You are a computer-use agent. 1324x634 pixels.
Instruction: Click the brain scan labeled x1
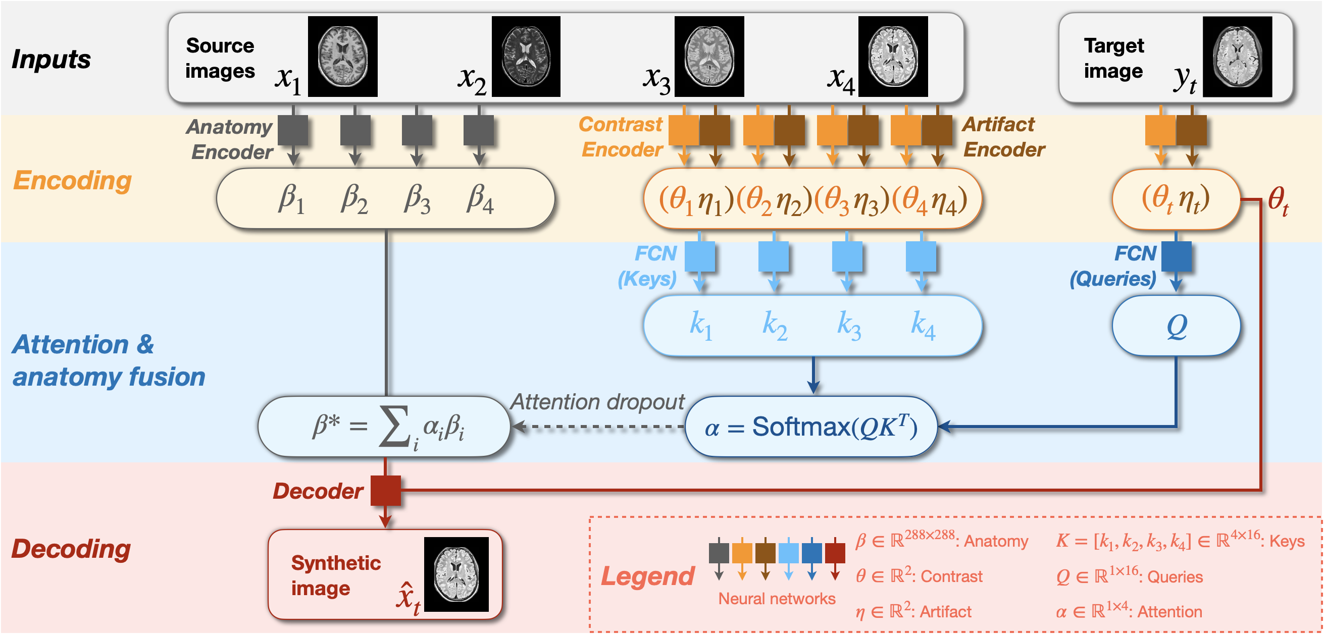(342, 56)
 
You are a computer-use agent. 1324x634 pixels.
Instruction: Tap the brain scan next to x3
(709, 56)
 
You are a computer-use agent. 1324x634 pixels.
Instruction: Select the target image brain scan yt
(1237, 56)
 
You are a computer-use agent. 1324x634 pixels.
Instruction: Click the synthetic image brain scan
(456, 574)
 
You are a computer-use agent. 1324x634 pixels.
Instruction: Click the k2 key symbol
(775, 325)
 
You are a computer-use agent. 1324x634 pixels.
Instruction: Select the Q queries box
(1176, 325)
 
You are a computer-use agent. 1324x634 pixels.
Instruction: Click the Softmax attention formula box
(811, 427)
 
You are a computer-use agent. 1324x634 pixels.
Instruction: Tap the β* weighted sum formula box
(384, 427)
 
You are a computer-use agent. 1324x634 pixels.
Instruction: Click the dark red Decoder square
(385, 490)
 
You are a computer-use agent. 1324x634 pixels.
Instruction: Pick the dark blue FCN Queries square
(1176, 256)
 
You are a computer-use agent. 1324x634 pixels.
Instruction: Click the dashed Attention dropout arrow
(599, 427)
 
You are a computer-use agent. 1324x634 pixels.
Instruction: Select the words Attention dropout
(597, 402)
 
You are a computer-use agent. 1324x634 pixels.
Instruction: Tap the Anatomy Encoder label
(230, 139)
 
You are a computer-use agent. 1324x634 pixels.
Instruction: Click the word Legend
(647, 576)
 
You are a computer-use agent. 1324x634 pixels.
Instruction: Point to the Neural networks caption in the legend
(777, 599)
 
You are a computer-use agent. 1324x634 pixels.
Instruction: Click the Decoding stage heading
(71, 549)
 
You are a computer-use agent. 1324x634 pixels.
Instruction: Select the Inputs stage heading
(52, 59)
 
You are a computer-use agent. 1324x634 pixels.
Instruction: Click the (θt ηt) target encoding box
(1176, 199)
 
